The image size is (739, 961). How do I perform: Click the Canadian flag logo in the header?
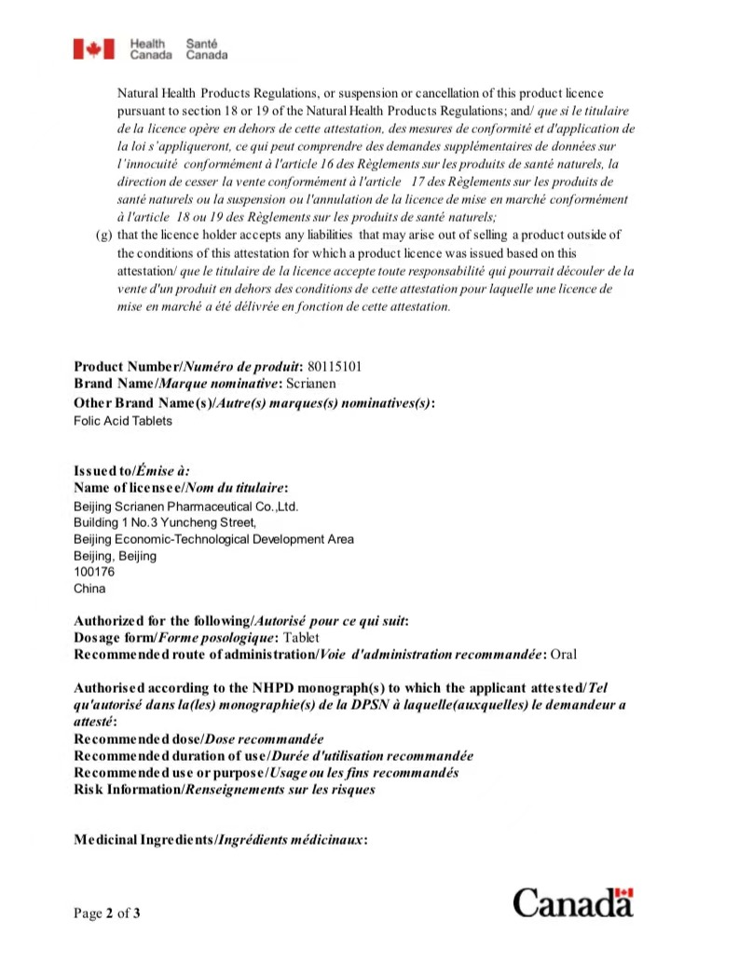coord(94,48)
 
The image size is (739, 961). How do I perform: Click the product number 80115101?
coord(334,367)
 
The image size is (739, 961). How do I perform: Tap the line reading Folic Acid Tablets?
coord(122,421)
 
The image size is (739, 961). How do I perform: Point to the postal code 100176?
coord(91,572)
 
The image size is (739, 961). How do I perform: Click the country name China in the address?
coord(89,589)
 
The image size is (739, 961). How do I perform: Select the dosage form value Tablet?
coord(301,638)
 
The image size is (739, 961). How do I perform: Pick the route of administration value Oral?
coord(565,655)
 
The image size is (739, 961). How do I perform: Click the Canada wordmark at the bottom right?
coord(572,902)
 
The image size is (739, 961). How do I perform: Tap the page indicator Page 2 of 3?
coord(107,913)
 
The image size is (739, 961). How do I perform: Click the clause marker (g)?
coord(103,236)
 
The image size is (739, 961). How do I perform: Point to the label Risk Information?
coord(128,790)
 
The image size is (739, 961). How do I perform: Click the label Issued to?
coord(103,471)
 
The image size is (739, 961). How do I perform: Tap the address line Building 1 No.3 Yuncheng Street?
coord(164,522)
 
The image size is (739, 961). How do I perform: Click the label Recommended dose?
coord(137,739)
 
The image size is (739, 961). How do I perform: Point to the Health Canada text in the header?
coord(149,48)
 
